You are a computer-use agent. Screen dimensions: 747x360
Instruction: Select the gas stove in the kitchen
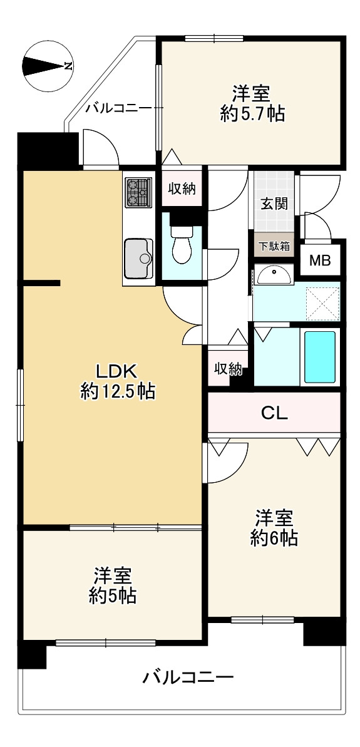tap(138, 192)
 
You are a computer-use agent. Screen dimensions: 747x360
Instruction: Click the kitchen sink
tap(138, 258)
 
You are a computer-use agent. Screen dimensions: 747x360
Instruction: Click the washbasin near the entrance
tap(273, 274)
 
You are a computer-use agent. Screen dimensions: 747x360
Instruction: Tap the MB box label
tap(322, 260)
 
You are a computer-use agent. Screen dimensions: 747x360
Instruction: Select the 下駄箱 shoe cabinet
tap(272, 245)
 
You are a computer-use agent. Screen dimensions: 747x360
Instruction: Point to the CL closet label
tap(274, 413)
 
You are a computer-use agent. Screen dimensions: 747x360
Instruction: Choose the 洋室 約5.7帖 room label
tap(252, 103)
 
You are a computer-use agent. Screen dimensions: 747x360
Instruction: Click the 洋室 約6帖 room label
tap(274, 528)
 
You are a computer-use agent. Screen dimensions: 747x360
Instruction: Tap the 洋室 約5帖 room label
tap(113, 585)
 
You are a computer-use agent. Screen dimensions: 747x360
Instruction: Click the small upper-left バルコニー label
tap(118, 108)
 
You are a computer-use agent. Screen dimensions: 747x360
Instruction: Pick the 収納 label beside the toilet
tap(182, 188)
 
